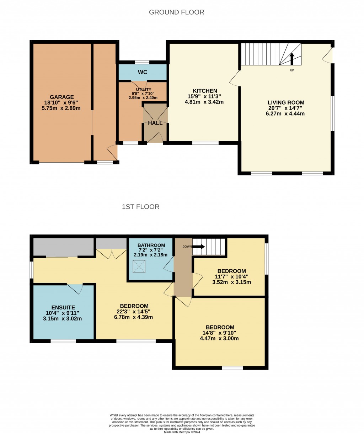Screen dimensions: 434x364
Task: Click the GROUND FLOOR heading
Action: [176, 12]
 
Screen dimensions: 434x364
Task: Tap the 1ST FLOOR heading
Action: [140, 207]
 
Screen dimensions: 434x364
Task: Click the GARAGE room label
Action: [62, 97]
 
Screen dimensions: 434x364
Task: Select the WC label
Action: [143, 72]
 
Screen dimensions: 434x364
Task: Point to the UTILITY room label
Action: [144, 90]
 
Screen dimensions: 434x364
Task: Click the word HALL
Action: [155, 123]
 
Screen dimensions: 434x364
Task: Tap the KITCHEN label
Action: [205, 91]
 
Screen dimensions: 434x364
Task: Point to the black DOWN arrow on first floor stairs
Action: [199, 247]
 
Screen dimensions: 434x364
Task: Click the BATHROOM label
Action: [151, 245]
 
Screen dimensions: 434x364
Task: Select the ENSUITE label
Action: [63, 307]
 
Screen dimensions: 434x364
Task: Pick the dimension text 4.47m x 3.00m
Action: [219, 338]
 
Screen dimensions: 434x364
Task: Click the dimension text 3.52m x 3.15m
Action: [231, 282]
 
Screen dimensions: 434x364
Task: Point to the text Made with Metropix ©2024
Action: [182, 432]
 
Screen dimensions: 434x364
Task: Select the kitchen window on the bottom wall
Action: [205, 143]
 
